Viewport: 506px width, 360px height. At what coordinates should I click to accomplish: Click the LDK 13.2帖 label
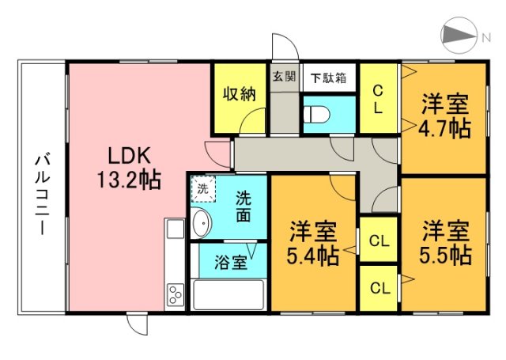point(128,167)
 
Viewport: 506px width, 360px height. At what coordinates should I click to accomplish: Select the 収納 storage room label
point(239,94)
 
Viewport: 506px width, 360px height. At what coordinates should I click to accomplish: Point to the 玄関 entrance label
point(284,78)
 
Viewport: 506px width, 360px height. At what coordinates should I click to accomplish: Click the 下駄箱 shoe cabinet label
point(328,78)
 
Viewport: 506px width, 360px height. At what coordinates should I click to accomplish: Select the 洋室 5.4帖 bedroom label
point(314,243)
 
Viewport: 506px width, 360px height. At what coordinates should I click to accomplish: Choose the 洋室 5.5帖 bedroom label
point(446,243)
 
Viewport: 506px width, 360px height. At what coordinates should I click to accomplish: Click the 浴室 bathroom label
point(228,260)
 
